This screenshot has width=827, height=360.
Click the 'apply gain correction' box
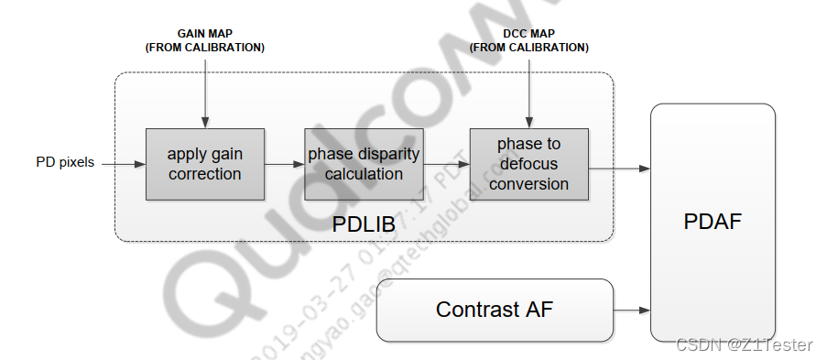pyautogui.click(x=204, y=164)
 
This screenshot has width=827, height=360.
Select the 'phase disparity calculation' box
pyautogui.click(x=363, y=164)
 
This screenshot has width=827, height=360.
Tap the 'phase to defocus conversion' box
pyautogui.click(x=528, y=164)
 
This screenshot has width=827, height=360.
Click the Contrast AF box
pyautogui.click(x=495, y=310)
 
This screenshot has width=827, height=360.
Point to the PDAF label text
pyautogui.click(x=712, y=223)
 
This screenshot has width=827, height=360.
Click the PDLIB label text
pyautogui.click(x=363, y=223)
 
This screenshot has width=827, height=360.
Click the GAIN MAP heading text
pyautogui.click(x=204, y=34)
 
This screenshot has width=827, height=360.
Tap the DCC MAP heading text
pyautogui.click(x=528, y=34)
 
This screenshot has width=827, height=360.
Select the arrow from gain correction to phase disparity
pyautogui.click(x=284, y=165)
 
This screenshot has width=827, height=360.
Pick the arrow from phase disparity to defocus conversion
pyautogui.click(x=445, y=165)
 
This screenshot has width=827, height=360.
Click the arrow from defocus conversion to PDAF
pyautogui.click(x=619, y=169)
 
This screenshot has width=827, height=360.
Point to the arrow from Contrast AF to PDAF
pyautogui.click(x=632, y=311)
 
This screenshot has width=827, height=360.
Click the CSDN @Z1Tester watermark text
pyautogui.click(x=744, y=344)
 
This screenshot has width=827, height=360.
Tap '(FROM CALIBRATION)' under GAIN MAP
pyautogui.click(x=204, y=48)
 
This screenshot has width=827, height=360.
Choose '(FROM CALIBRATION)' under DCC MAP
pyautogui.click(x=528, y=48)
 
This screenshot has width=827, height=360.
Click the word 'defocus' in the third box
pyautogui.click(x=528, y=164)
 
